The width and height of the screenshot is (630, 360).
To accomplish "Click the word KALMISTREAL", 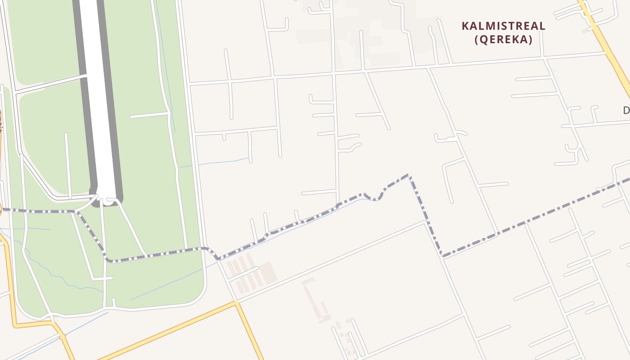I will tap(504, 26).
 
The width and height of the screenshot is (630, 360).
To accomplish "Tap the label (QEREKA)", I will tap(504, 40).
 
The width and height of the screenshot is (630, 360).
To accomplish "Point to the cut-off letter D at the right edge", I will tap(626, 110).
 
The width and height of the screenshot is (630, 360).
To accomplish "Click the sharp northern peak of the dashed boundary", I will tap(408, 175).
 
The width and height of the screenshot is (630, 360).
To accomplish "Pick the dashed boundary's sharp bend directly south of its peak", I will tap(443, 256).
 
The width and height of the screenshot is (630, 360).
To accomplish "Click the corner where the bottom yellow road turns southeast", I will tap(236, 303).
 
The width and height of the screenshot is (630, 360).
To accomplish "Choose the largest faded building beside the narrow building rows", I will tap(268, 273).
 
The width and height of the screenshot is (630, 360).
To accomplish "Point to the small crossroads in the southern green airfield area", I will tap(104, 279).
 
